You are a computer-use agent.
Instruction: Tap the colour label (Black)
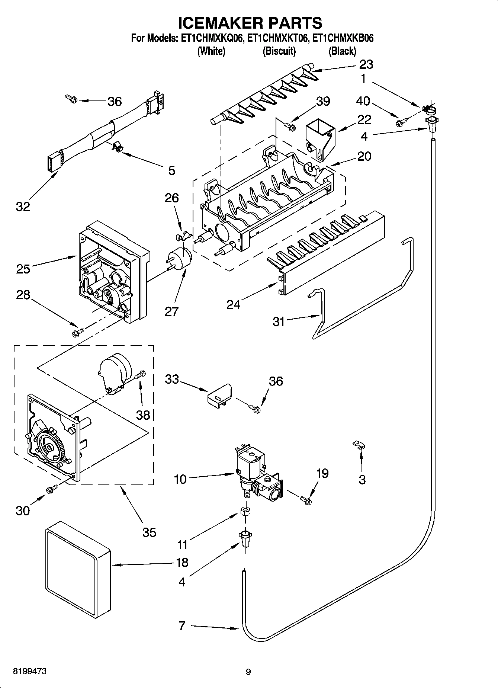click(342, 51)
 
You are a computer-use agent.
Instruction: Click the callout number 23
click(366, 64)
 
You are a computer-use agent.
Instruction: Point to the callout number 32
click(23, 206)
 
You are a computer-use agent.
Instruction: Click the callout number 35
click(149, 532)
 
